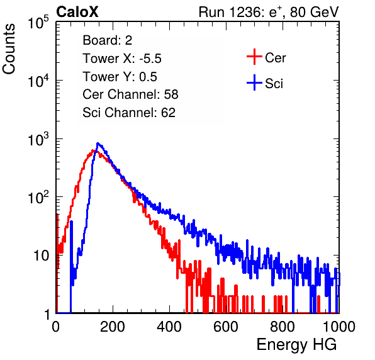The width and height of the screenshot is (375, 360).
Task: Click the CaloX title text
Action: [x=77, y=12]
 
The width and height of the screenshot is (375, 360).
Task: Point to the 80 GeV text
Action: [x=315, y=12]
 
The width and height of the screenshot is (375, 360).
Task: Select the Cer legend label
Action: [x=275, y=58]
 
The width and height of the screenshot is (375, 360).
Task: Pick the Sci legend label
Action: [x=274, y=84]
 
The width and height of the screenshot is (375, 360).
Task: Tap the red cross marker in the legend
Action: [x=254, y=57]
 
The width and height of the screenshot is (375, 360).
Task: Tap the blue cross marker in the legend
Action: [x=254, y=82]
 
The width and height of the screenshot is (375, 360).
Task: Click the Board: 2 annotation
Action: [x=108, y=40]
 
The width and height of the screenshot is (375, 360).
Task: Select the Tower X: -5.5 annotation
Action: [x=122, y=59]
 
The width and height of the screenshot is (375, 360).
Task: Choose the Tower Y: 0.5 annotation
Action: [x=120, y=77]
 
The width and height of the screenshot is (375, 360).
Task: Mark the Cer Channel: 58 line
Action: [x=130, y=94]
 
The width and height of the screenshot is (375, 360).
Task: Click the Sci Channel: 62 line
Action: [x=129, y=113]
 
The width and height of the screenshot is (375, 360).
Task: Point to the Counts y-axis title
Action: [x=9, y=49]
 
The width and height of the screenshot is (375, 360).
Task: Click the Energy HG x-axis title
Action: [x=296, y=345]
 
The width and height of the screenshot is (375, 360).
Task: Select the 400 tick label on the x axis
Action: [x=169, y=327]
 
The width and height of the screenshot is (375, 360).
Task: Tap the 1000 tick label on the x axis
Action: [x=339, y=327]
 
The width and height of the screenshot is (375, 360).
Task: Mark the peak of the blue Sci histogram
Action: [x=98, y=143]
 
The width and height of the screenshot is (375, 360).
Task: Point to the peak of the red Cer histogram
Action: [x=93, y=150]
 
